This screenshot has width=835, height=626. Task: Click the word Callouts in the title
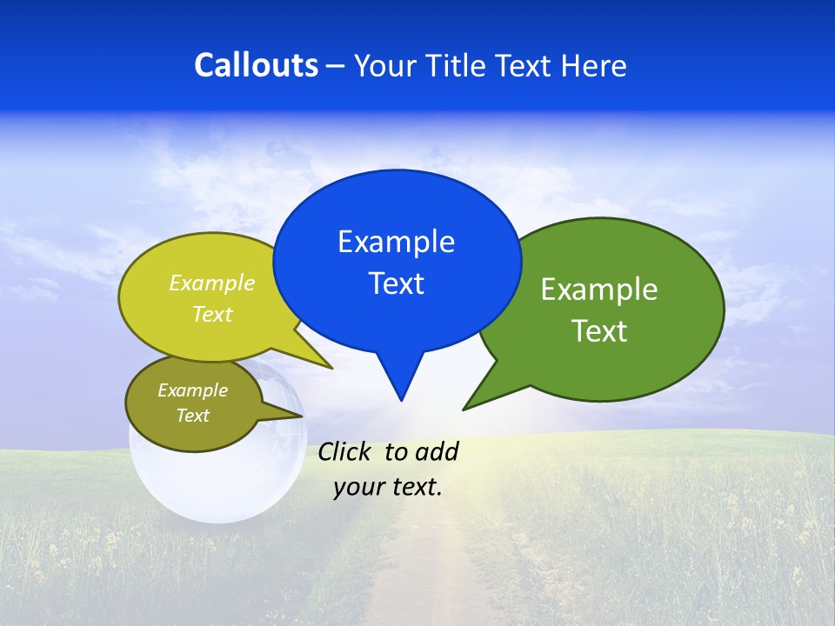point(256,65)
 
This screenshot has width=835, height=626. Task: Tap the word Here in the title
point(592,65)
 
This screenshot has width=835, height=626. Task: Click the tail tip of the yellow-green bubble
point(331,368)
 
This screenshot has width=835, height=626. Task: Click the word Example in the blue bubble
point(396,242)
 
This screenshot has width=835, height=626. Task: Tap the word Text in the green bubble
point(599,331)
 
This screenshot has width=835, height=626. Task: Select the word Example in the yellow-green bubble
point(212,283)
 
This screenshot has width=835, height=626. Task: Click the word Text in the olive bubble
point(193,416)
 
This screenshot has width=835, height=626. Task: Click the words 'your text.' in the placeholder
point(388,487)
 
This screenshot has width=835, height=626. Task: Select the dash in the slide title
point(336,66)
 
